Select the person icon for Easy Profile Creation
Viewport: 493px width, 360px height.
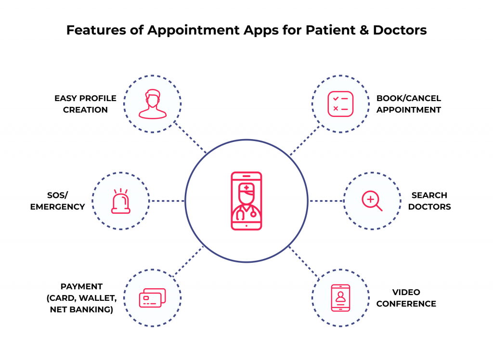coord(152,104)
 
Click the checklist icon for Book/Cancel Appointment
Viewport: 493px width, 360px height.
coord(340,104)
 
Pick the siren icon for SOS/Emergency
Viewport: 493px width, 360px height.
coord(120,201)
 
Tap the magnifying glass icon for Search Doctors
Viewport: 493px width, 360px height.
coord(372,201)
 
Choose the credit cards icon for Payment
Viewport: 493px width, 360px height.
coord(152,298)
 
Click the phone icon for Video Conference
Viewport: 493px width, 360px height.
coord(340,298)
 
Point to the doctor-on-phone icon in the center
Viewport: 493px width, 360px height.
coord(246,200)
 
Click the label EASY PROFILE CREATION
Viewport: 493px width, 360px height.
coord(85,104)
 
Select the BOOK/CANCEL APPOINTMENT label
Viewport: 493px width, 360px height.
coord(408,104)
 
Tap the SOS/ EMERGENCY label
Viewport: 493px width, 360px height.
coord(57,201)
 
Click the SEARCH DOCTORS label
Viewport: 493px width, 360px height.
coord(429,201)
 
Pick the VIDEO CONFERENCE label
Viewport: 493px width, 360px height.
coord(406,298)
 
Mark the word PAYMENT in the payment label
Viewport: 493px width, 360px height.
coord(81,286)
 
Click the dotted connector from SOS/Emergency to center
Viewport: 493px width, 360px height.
coord(167,201)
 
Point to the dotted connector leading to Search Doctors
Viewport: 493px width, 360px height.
coord(326,201)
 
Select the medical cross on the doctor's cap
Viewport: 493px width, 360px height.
coord(246,188)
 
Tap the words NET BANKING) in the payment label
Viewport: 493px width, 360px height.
coord(81,309)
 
